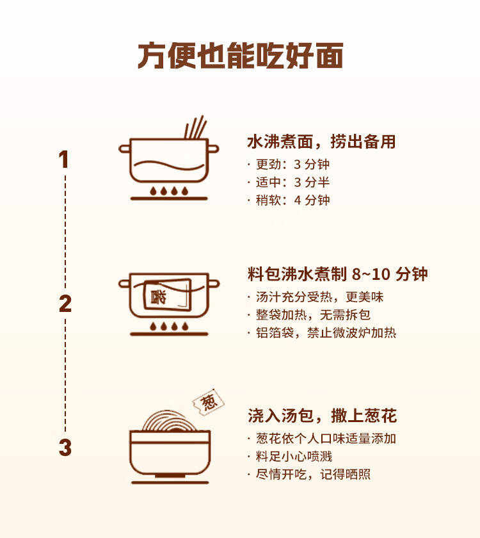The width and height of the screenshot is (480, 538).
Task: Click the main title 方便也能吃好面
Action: [x=240, y=56]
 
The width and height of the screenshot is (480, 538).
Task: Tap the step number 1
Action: [x=64, y=159]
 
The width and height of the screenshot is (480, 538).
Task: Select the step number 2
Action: [x=65, y=304]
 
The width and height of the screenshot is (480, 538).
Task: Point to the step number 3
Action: [x=65, y=448]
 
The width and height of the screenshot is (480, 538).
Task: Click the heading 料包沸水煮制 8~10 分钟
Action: [x=337, y=275]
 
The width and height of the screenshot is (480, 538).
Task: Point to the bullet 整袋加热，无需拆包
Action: [x=312, y=315]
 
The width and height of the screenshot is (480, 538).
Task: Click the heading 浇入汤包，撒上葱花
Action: [x=322, y=416]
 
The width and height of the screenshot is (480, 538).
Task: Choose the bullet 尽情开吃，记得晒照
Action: [x=312, y=475]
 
